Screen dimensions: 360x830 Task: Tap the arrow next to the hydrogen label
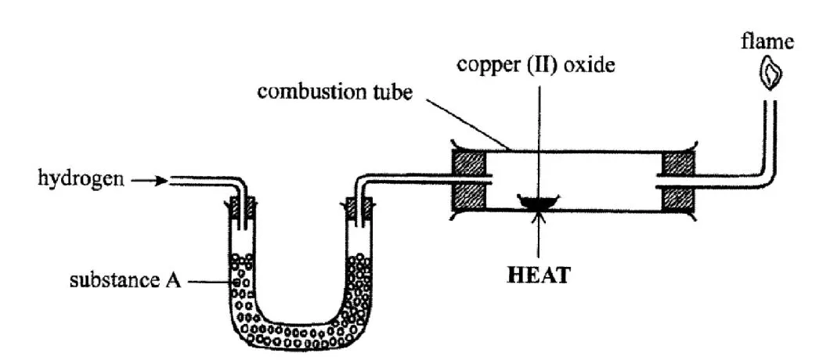pos(146,181)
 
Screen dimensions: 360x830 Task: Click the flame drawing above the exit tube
pos(772,74)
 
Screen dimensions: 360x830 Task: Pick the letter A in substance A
pos(174,279)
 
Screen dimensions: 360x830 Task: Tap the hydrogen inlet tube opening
pos(171,181)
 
